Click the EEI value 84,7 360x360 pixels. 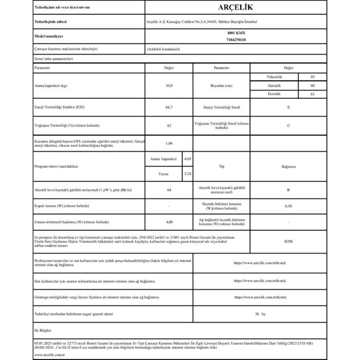tap(169, 107)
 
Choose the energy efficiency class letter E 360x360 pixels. tap(288, 107)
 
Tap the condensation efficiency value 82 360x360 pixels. tap(169, 126)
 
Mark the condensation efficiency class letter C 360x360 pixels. tap(288, 126)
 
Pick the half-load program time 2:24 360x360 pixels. tap(188, 174)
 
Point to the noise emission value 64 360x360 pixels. tap(169, 191)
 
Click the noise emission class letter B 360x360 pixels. tap(288, 191)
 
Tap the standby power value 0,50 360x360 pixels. tap(288, 206)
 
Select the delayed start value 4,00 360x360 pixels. tap(169, 222)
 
